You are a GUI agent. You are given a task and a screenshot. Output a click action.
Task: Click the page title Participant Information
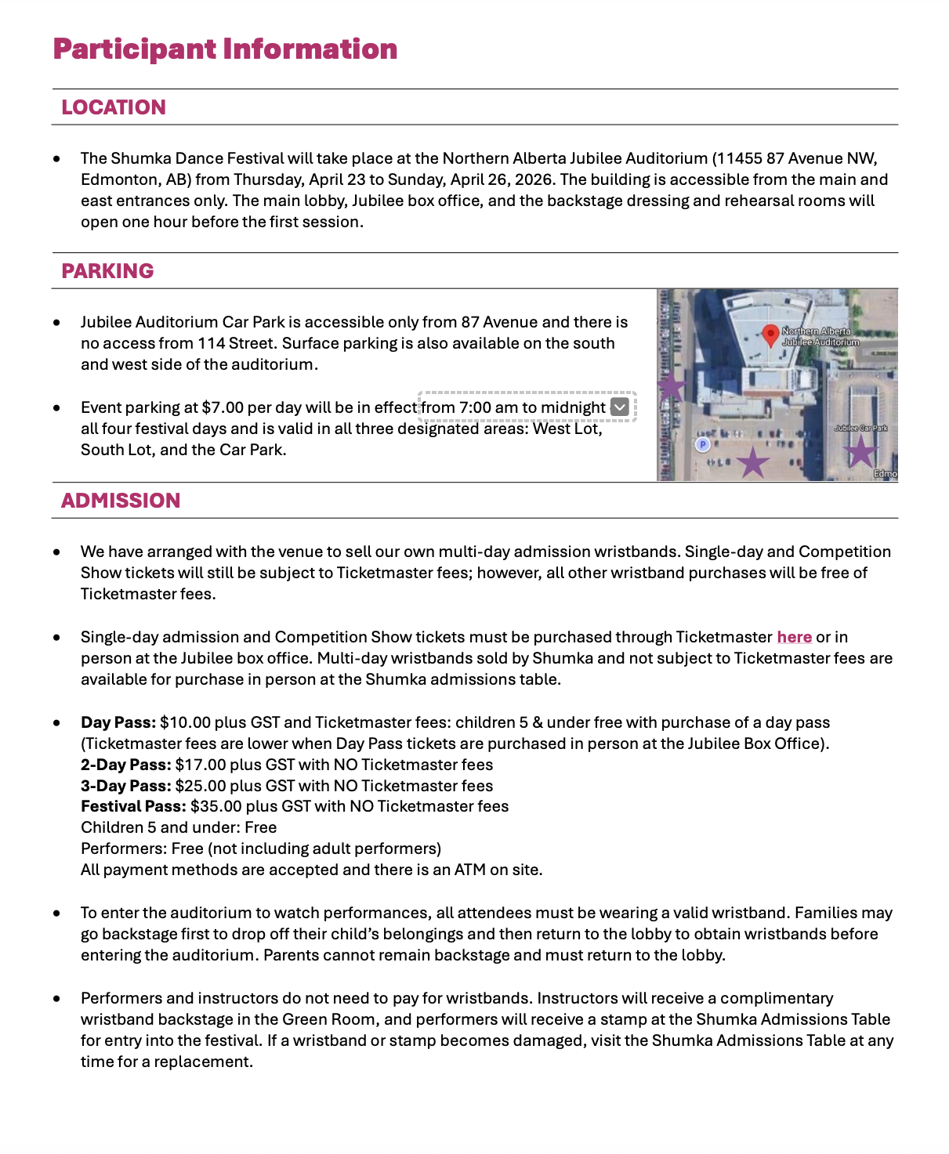click(x=225, y=49)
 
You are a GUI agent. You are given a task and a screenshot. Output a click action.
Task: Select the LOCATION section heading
click(x=114, y=107)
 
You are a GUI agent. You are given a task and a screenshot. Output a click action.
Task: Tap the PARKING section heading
click(x=107, y=271)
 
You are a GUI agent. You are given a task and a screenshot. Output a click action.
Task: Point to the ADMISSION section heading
click(x=121, y=501)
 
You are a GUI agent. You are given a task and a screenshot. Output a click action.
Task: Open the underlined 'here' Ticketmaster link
click(x=794, y=637)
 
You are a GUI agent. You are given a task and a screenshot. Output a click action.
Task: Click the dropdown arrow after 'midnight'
click(x=619, y=407)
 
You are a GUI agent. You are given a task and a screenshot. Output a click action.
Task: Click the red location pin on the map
click(x=770, y=335)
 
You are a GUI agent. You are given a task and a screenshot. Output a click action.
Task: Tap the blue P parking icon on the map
click(x=703, y=444)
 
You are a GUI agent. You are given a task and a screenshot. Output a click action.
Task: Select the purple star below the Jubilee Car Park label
click(x=860, y=451)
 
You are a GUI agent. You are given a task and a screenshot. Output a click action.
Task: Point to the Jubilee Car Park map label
click(x=861, y=429)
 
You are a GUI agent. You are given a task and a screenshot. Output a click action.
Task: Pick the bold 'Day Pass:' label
click(x=118, y=722)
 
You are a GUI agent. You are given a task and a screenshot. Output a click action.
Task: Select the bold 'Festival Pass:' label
click(x=133, y=806)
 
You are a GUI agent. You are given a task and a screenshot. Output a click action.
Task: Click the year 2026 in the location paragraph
click(x=534, y=179)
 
